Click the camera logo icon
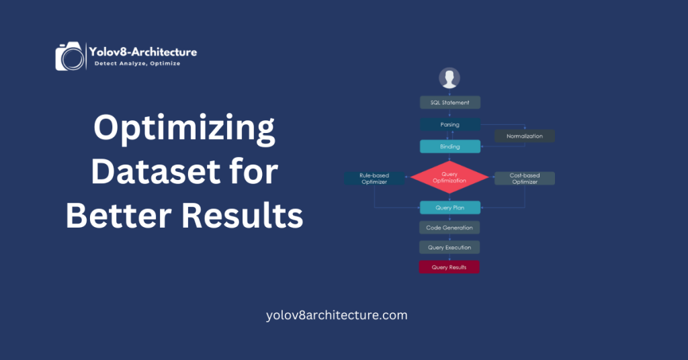(x=70, y=56)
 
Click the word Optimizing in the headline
(x=184, y=128)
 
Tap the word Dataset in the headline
(x=155, y=171)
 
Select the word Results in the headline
(x=242, y=216)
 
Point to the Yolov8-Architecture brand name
(x=143, y=52)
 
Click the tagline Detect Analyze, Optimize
(x=137, y=64)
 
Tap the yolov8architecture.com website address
(x=337, y=315)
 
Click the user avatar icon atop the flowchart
(x=449, y=78)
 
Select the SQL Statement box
(x=449, y=103)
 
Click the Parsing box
(x=449, y=124)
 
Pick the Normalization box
(x=524, y=136)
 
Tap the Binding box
(x=449, y=146)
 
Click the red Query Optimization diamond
(x=449, y=177)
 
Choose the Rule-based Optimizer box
(x=374, y=179)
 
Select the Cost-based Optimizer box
(x=524, y=179)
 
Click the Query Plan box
(x=449, y=208)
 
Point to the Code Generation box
(x=449, y=228)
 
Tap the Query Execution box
(x=449, y=247)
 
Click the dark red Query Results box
(x=449, y=267)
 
